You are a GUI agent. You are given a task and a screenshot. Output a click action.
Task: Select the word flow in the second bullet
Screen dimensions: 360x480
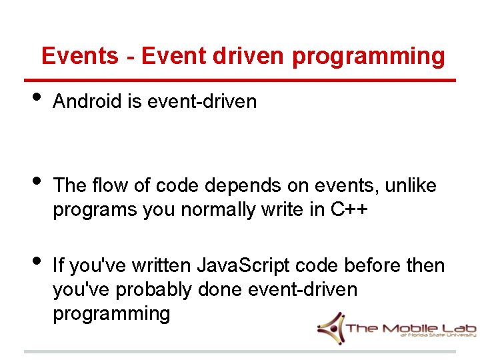pos(111,185)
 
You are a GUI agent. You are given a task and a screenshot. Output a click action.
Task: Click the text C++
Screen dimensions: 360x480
pos(349,209)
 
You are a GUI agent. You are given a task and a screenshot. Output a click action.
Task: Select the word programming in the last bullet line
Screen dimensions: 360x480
pos(111,314)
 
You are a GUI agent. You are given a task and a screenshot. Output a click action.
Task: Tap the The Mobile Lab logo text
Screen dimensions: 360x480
pos(400,329)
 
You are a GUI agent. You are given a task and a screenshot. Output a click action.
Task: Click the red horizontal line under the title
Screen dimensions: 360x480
pos(240,80)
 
